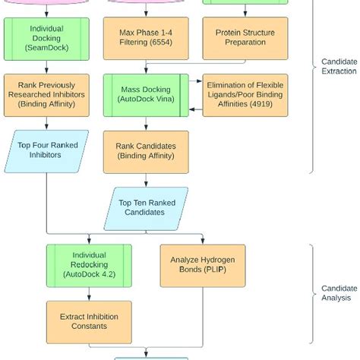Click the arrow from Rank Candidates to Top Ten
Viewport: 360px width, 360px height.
pyautogui.click(x=144, y=178)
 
